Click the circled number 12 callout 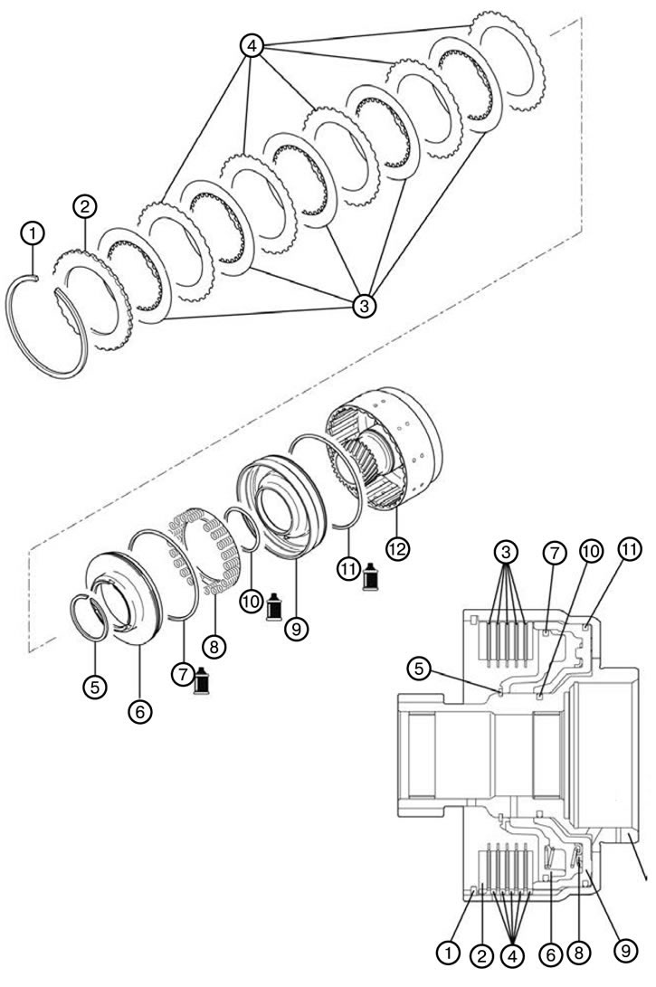tap(397, 549)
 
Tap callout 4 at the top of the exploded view tap(252, 46)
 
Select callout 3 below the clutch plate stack tap(364, 306)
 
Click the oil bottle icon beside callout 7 tap(202, 680)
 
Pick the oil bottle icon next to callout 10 tap(274, 607)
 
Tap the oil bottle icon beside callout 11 tap(370, 576)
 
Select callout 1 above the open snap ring tap(33, 233)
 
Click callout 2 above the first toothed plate tap(85, 206)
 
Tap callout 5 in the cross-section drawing tap(420, 669)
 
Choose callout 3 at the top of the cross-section tap(506, 552)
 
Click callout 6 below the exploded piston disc tap(139, 711)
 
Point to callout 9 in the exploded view tap(296, 628)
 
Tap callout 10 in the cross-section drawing tap(591, 552)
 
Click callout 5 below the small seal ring tap(95, 686)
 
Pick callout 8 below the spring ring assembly tap(214, 646)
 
